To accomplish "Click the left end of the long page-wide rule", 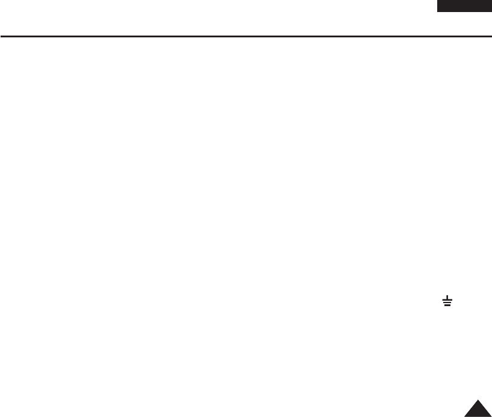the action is coord(1,36).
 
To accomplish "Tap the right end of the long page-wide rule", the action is coord(491,36).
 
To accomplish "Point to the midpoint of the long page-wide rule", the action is coord(246,36).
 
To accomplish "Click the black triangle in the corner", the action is coord(478,410).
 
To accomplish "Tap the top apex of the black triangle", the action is coord(478,400).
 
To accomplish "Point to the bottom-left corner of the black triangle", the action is coord(464,416).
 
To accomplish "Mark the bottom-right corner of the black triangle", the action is coord(491,416).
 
